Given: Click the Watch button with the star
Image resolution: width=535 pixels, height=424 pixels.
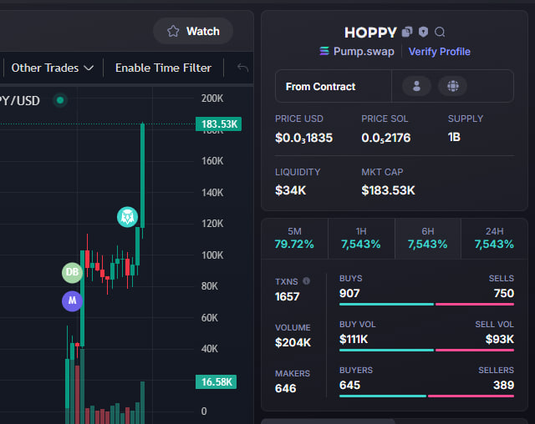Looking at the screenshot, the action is [x=193, y=31].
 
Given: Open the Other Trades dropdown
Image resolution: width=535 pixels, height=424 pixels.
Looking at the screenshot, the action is [x=52, y=68].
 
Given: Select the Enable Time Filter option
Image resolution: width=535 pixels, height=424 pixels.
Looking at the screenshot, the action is [x=163, y=68].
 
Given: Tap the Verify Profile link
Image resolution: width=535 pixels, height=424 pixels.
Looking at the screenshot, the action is [x=439, y=52].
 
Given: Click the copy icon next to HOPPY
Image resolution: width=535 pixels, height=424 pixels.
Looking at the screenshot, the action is [x=407, y=32].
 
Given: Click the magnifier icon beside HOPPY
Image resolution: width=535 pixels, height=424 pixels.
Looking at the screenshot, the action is [x=440, y=32].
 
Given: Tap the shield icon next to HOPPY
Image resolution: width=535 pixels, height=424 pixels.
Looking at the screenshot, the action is [x=424, y=32].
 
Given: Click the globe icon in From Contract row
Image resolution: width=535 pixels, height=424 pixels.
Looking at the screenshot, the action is [x=453, y=86].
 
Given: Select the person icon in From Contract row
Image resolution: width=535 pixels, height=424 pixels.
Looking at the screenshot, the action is [x=416, y=86].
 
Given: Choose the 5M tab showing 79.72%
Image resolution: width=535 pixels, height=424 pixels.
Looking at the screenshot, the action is [x=294, y=239].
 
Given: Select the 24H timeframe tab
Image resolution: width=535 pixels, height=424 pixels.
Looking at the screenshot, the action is [x=494, y=239].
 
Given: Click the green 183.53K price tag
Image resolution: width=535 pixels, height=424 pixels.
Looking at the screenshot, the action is [x=218, y=124].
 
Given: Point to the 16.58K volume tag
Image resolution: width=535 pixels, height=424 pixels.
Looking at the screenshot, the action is [x=216, y=381].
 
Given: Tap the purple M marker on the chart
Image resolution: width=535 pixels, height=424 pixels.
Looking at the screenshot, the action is [x=72, y=300].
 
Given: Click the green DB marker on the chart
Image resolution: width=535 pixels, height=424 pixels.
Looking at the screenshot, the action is [x=72, y=272].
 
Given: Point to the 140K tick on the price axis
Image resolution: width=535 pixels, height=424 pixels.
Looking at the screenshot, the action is [x=212, y=193].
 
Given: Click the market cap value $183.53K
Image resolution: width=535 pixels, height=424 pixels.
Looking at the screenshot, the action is [x=388, y=190].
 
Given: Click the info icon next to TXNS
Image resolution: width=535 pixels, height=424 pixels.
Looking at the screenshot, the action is [x=307, y=281].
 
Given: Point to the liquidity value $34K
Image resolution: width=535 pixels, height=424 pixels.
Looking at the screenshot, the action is [x=290, y=190].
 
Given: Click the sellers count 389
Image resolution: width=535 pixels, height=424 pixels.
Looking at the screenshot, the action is [x=503, y=385].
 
